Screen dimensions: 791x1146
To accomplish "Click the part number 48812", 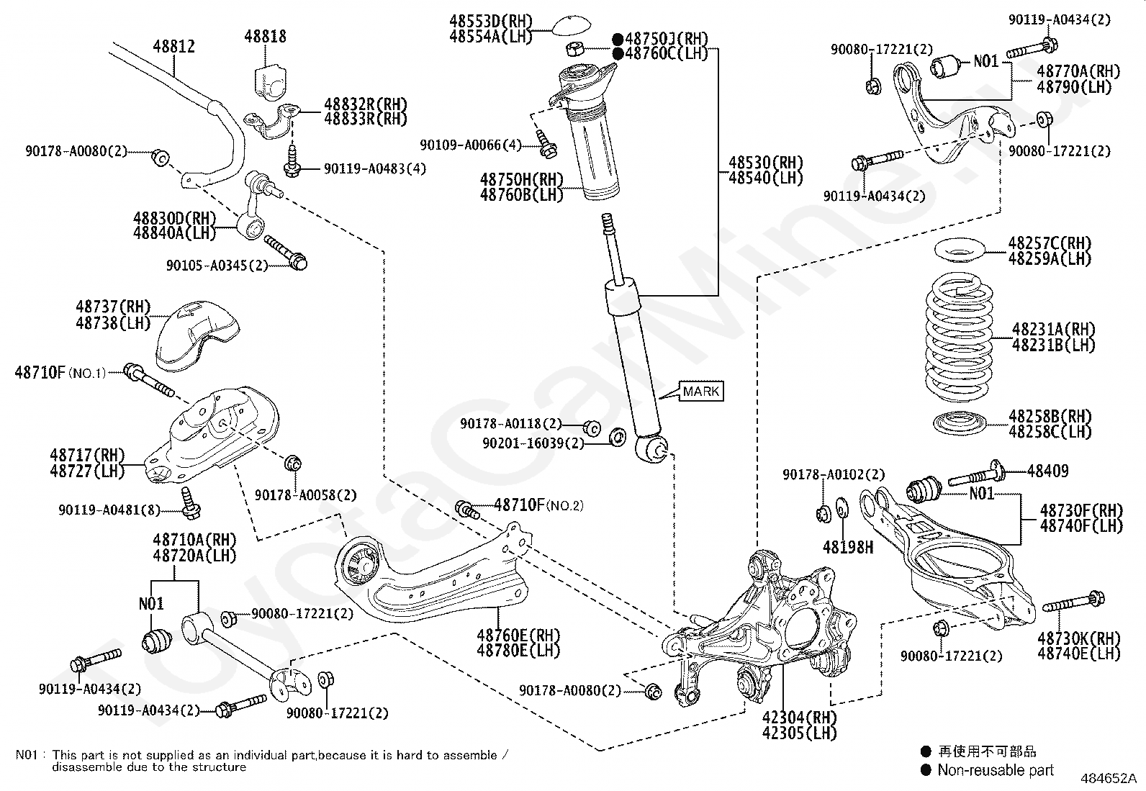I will pos(173,47).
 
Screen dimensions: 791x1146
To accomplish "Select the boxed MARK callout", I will pos(700,392).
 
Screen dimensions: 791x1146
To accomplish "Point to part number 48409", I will pos(1047,471).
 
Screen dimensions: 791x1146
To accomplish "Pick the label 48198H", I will pos(848,548).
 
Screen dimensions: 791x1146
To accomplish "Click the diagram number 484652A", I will pos(1108,778).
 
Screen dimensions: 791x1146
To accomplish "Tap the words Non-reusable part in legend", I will pos(996,770).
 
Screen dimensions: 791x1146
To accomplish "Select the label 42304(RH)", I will pos(800,718).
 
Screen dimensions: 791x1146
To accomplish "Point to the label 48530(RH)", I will pos(765,163).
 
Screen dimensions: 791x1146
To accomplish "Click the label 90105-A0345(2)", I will pos(217,265).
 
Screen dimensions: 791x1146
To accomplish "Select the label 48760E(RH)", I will pos(518,635).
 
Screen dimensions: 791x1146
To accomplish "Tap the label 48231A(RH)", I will pos(1053,330).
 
